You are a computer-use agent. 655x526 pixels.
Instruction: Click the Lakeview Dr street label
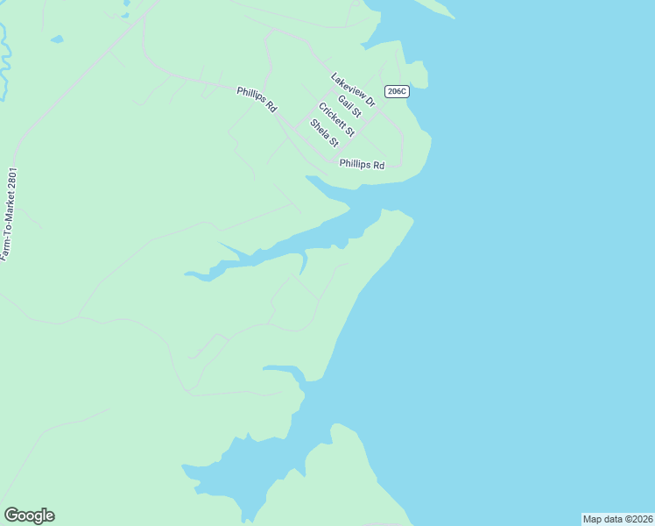click(x=353, y=90)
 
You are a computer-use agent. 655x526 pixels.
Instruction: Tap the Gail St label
click(x=349, y=106)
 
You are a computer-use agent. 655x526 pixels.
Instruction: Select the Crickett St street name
click(x=336, y=120)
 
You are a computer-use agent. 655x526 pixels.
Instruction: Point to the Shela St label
click(x=324, y=133)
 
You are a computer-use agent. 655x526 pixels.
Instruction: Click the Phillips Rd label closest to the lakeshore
click(x=362, y=164)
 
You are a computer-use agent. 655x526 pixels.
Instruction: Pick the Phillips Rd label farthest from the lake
click(x=257, y=98)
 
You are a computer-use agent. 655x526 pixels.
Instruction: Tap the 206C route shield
click(x=397, y=91)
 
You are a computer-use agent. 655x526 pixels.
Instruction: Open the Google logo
click(x=29, y=515)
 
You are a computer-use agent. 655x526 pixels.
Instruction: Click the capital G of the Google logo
click(x=11, y=515)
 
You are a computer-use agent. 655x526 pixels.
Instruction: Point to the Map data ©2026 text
click(x=617, y=519)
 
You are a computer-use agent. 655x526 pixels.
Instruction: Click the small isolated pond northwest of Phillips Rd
click(x=57, y=39)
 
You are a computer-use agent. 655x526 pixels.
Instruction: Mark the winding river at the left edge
click(x=4, y=61)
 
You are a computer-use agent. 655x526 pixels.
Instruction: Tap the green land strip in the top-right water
click(x=433, y=7)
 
